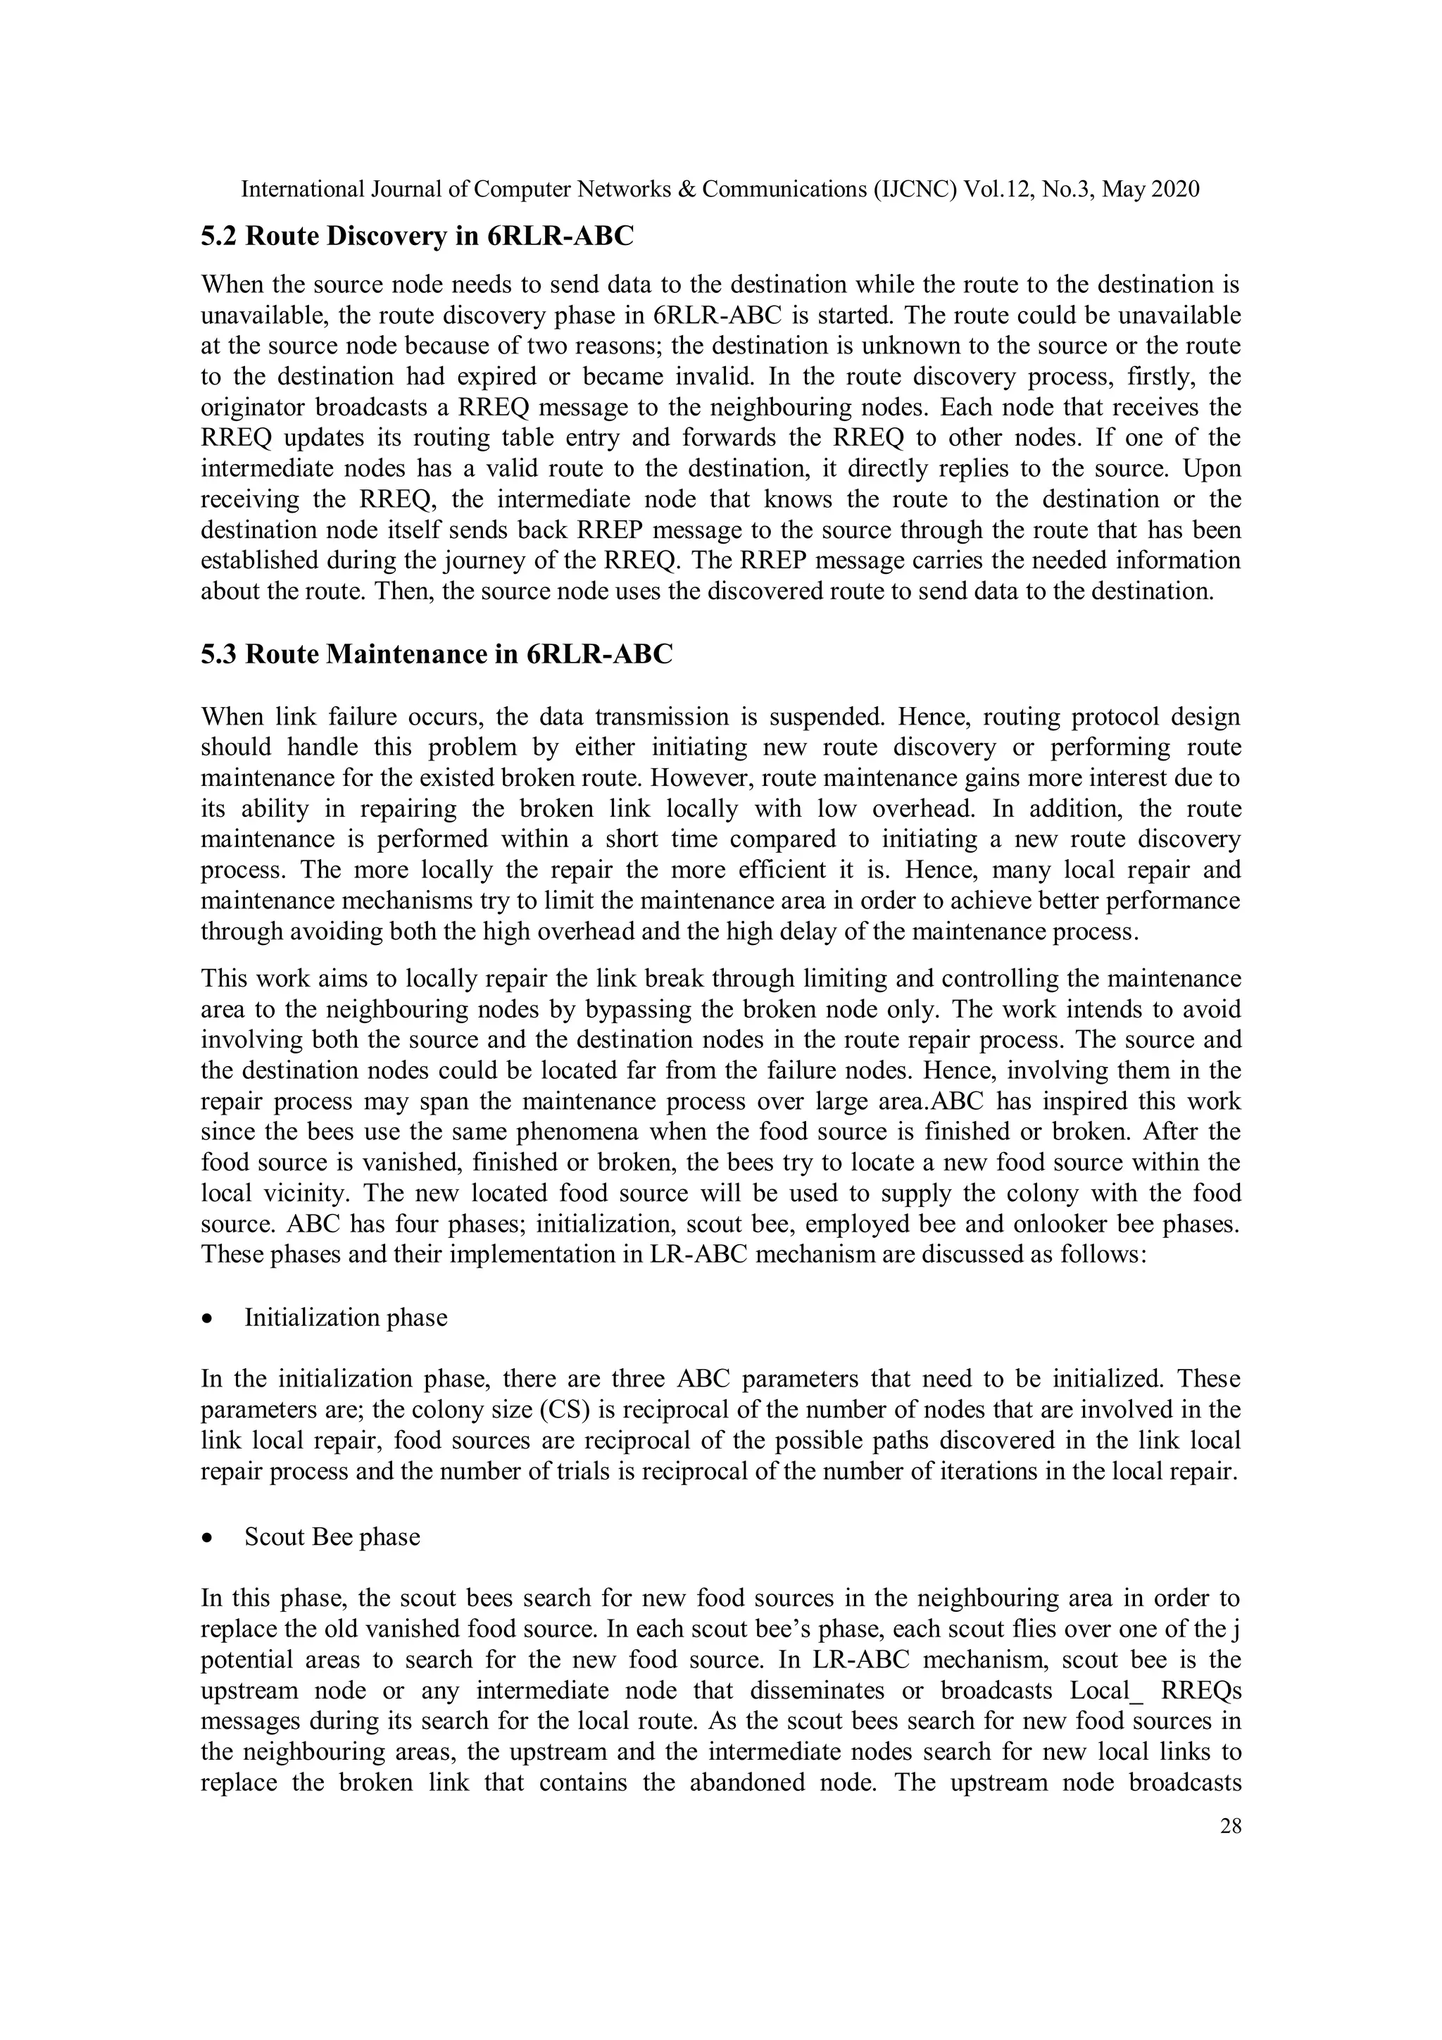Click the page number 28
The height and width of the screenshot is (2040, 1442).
coord(1229,1827)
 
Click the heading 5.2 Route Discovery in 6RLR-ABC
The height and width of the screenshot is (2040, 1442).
coord(417,237)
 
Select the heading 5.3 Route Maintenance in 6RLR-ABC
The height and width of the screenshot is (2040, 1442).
coord(437,654)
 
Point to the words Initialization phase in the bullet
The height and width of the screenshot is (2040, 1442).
coord(346,1317)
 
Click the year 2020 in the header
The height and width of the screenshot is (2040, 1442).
coord(1174,189)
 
